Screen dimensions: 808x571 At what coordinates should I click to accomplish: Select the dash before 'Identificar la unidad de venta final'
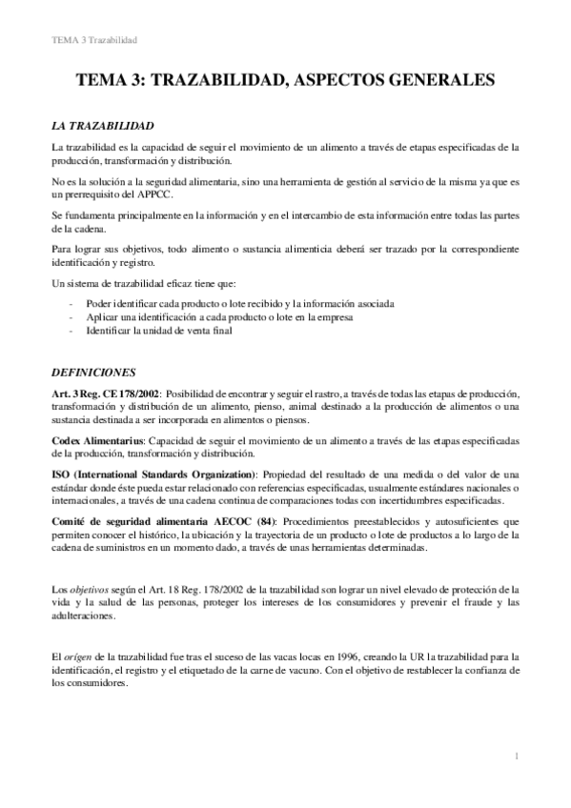coord(72,331)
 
